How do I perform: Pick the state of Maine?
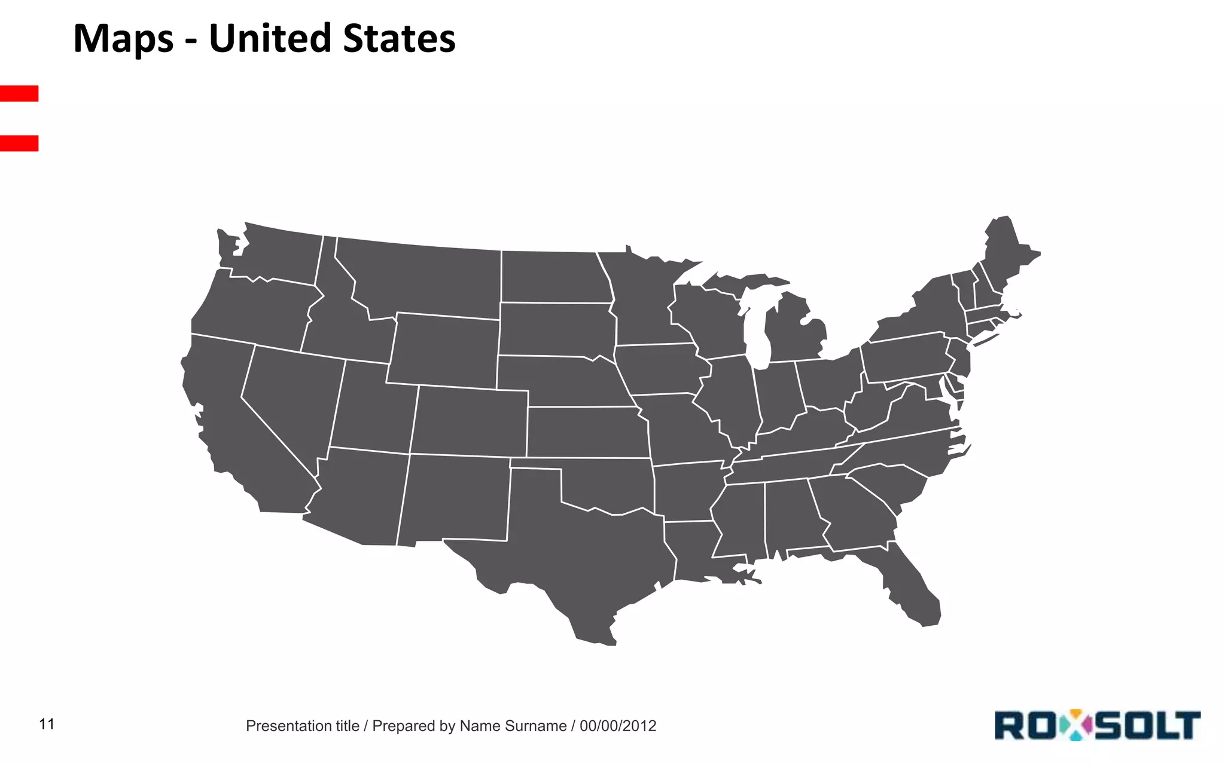tap(1008, 251)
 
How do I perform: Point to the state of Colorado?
tap(470, 421)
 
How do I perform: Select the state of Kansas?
tap(586, 432)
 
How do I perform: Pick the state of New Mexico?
tap(455, 499)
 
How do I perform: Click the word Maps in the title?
tap(123, 39)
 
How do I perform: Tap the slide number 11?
tap(47, 724)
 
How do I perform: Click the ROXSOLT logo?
tap(1098, 725)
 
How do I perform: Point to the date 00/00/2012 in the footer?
tap(618, 726)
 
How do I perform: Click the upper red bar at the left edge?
tap(19, 93)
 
